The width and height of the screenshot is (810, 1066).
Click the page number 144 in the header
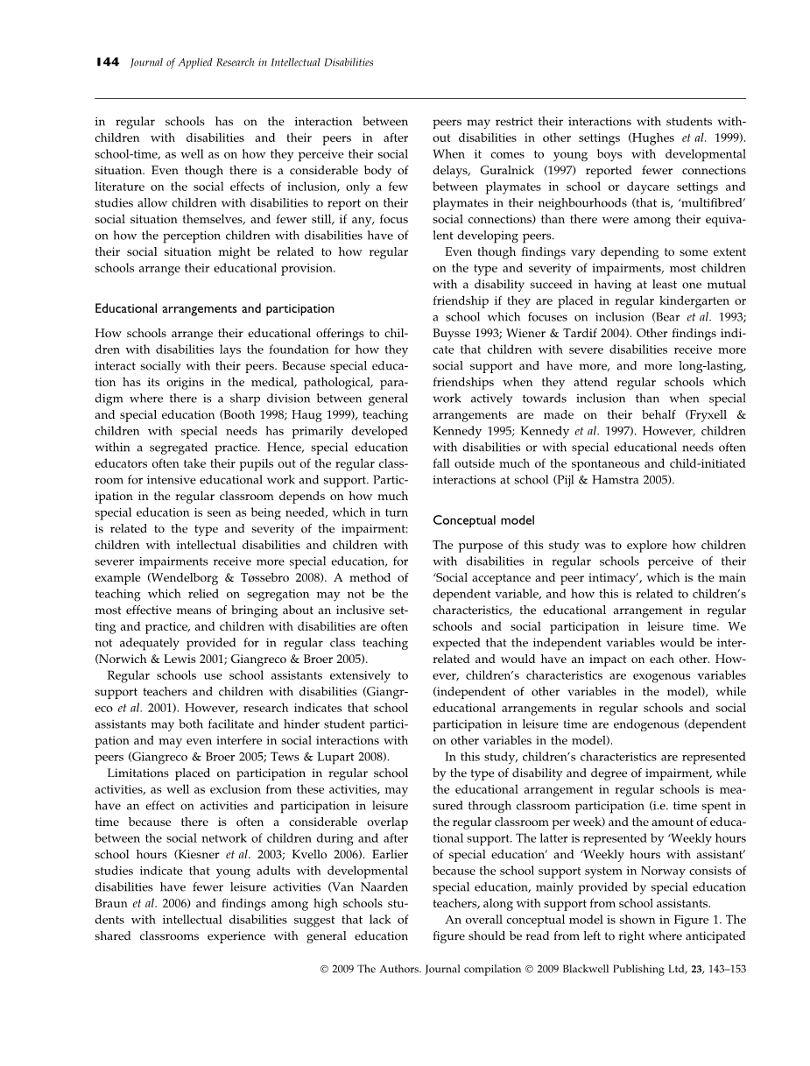click(107, 63)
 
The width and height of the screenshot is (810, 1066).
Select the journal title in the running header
click(251, 63)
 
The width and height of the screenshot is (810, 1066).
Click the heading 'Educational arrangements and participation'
click(215, 308)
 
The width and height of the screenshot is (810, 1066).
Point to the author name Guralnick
click(504, 172)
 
